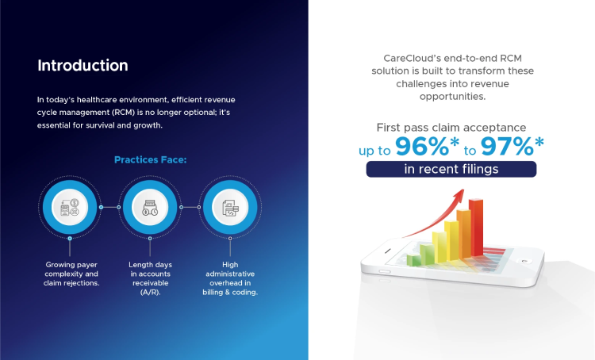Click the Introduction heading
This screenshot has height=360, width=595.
pyautogui.click(x=83, y=65)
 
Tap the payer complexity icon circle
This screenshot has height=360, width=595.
pyautogui.click(x=70, y=207)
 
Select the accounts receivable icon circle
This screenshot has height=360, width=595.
pyautogui.click(x=150, y=207)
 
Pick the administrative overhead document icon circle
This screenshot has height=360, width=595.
pyautogui.click(x=229, y=207)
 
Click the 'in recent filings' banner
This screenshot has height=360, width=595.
pyautogui.click(x=451, y=169)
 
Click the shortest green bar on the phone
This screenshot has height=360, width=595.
pyautogui.click(x=412, y=259)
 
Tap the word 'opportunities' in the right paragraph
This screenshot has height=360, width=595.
pyautogui.click(x=450, y=97)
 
